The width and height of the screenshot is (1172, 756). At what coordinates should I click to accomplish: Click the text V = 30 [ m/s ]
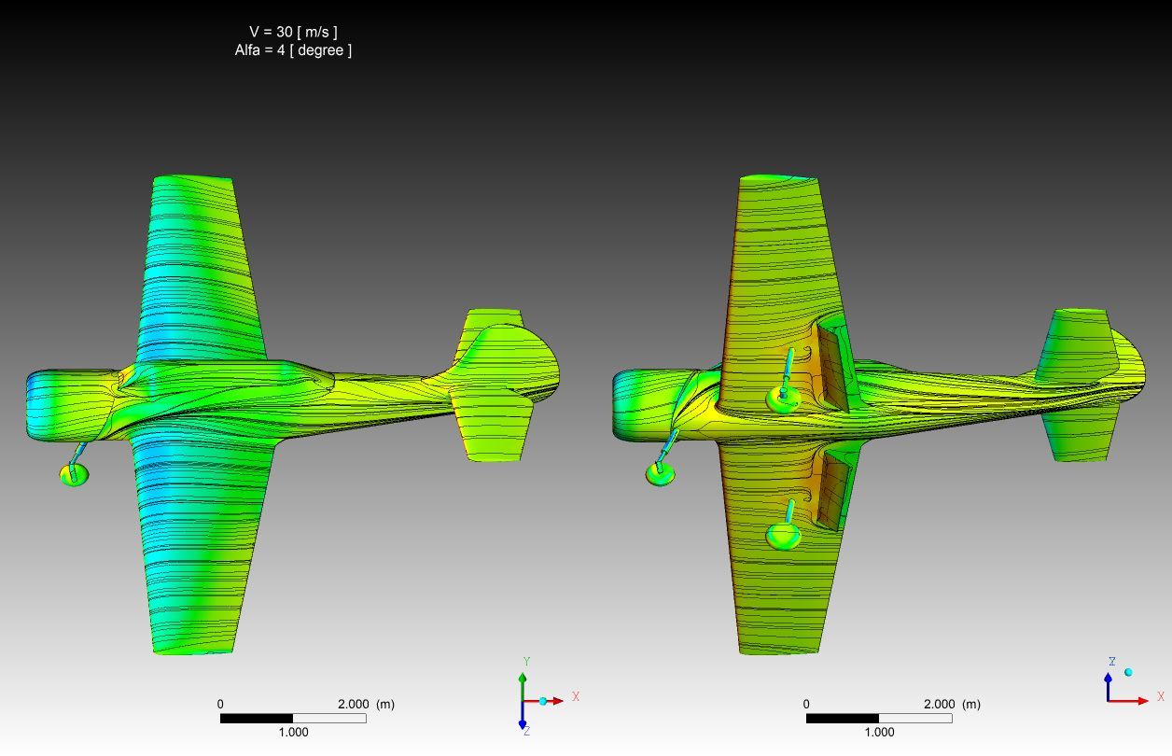[x=293, y=32]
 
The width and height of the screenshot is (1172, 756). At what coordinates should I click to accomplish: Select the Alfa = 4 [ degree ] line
[x=293, y=50]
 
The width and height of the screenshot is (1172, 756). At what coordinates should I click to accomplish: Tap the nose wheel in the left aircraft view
[x=74, y=475]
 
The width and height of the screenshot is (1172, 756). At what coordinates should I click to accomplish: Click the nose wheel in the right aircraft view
[x=660, y=474]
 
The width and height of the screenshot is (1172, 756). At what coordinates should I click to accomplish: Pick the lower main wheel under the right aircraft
[x=783, y=536]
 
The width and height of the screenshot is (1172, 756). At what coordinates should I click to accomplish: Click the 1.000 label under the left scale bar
[x=293, y=732]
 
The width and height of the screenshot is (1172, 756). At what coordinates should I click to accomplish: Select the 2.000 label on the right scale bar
[x=939, y=704]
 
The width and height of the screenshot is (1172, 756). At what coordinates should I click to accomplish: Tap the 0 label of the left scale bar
[x=220, y=704]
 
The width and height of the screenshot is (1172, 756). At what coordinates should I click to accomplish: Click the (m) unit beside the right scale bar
[x=971, y=704]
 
